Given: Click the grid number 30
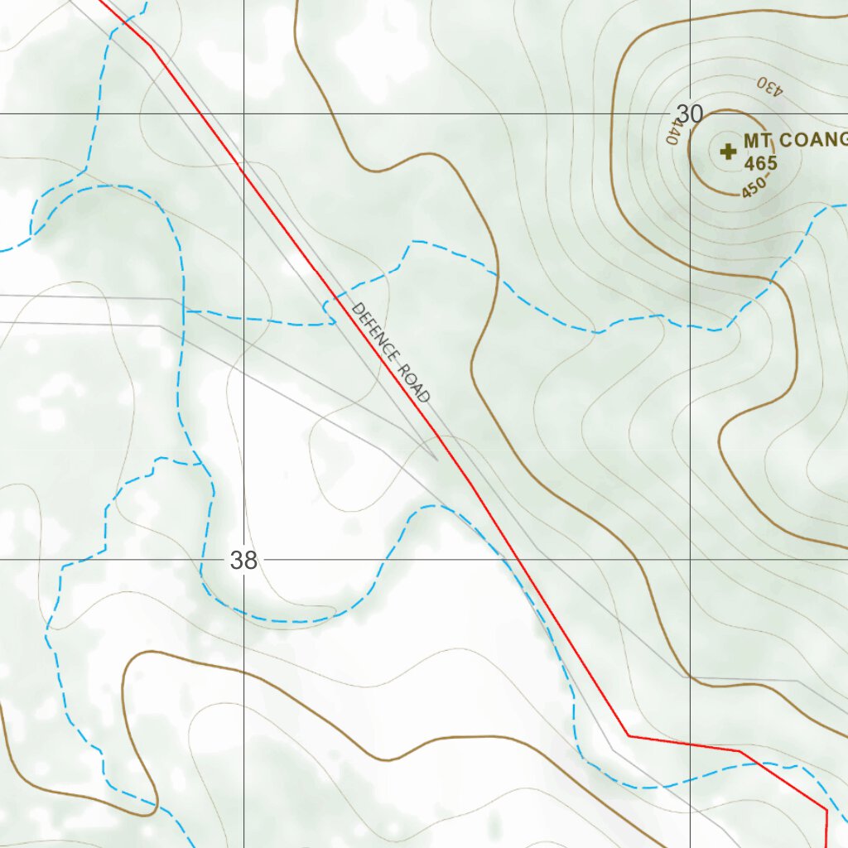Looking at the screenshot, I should pos(689,114).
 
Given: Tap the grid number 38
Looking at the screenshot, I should pos(243,561).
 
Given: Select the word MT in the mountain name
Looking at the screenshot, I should pos(757,140).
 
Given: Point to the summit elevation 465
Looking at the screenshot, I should pos(760,163).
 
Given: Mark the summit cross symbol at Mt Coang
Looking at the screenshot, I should pos(728,152).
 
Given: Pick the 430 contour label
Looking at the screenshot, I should pos(768,86).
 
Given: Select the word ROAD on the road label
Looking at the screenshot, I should pos(415,383).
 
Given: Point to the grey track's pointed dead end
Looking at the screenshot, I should pos(436,457).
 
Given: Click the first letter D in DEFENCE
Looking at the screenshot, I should pos(358,310).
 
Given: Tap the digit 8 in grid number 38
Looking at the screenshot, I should pos(250,561).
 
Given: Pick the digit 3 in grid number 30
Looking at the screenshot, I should pos(683,114).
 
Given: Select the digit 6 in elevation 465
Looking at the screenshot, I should pos(760,163).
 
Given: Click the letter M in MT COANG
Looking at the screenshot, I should pos(751,140).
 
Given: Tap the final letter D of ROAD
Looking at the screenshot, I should pos(426,397).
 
